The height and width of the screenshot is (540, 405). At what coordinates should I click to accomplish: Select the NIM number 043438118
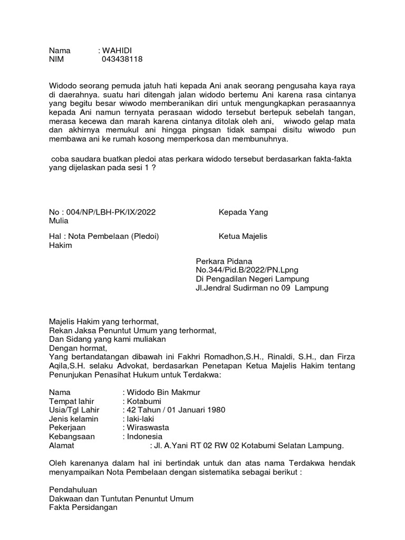(122, 60)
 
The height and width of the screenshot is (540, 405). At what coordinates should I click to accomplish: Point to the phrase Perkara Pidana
(224, 261)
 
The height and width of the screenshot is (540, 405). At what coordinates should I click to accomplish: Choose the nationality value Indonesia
(142, 437)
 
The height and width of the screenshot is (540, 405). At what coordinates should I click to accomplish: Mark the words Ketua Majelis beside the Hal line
(243, 236)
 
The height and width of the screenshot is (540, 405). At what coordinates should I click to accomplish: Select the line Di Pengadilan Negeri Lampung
(253, 279)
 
